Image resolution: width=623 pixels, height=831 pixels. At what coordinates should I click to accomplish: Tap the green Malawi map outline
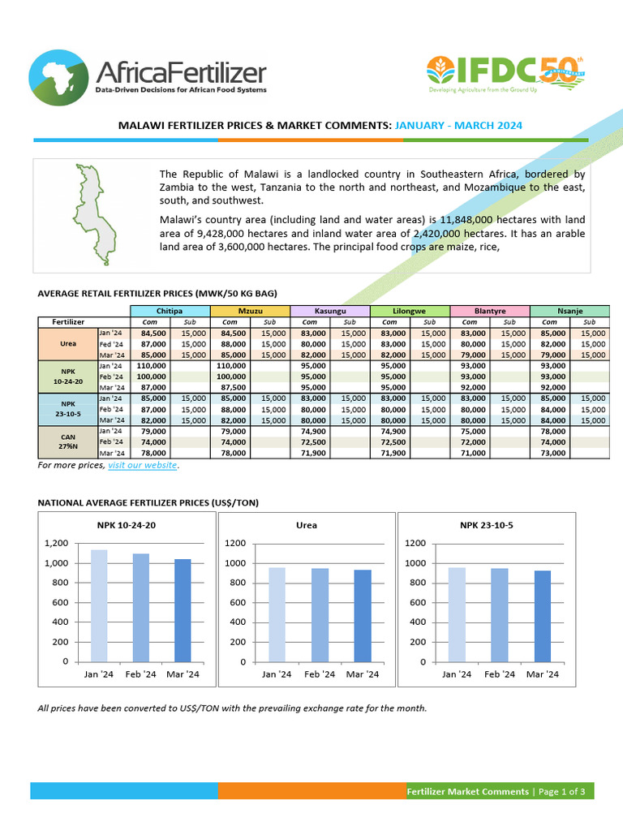[x=90, y=214]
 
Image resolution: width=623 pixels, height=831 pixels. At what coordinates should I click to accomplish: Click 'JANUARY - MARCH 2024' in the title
[x=459, y=126]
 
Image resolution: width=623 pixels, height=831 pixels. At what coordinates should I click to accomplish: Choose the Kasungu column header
[x=329, y=311]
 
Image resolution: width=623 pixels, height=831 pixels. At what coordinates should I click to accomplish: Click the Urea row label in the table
[x=67, y=344]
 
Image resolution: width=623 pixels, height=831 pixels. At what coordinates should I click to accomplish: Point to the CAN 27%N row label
[x=67, y=441]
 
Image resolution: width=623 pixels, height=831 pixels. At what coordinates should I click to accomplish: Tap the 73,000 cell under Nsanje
[x=549, y=453]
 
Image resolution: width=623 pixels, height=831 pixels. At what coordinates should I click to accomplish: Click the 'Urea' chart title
[x=306, y=525]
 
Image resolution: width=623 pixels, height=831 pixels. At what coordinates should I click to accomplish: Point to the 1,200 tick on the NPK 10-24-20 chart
[x=58, y=543]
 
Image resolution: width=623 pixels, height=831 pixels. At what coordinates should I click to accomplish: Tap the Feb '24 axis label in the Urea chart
[x=319, y=674]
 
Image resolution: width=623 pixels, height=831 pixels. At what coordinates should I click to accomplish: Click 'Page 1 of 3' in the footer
[x=562, y=791]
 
